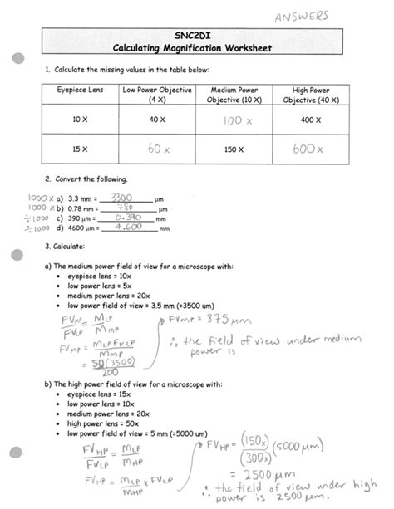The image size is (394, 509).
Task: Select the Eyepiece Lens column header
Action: pyautogui.click(x=80, y=90)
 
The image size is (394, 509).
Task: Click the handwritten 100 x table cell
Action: pyautogui.click(x=237, y=121)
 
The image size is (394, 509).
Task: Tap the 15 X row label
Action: pyautogui.click(x=80, y=150)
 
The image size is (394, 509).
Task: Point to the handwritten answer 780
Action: pyautogui.click(x=125, y=208)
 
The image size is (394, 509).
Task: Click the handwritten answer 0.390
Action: pyautogui.click(x=125, y=218)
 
